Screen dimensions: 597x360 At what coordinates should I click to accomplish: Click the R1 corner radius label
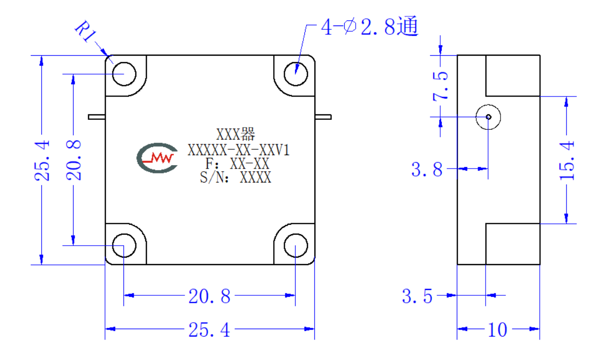[85, 31]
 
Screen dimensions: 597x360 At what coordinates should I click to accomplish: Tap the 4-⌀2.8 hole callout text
[370, 26]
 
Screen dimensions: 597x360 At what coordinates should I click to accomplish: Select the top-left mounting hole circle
[124, 74]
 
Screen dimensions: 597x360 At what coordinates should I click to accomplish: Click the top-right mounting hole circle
[296, 74]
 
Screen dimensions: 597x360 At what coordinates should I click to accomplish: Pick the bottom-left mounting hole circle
[124, 246]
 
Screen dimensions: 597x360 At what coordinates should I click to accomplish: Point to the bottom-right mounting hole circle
[296, 246]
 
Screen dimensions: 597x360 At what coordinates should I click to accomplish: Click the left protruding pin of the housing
[97, 117]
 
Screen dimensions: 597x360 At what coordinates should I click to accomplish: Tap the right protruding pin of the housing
[323, 117]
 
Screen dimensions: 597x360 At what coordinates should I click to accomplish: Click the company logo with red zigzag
[157, 158]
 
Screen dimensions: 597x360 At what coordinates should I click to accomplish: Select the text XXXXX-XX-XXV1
[238, 150]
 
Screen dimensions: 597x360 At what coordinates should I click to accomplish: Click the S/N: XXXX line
[236, 177]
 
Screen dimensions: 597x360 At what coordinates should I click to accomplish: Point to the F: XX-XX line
[237, 164]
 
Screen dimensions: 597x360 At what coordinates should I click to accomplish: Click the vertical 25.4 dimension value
[42, 161]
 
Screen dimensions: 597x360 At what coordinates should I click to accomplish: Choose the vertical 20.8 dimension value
[74, 160]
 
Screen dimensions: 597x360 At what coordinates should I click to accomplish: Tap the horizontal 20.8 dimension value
[209, 296]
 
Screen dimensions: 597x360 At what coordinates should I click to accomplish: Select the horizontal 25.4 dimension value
[209, 330]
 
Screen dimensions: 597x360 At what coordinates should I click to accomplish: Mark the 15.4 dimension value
[567, 161]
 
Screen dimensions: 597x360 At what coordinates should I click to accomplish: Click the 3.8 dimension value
[427, 169]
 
